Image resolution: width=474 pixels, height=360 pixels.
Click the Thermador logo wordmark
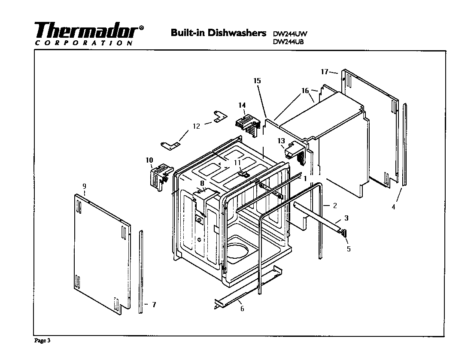pyautogui.click(x=88, y=30)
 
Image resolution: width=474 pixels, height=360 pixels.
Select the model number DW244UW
pyautogui.click(x=291, y=34)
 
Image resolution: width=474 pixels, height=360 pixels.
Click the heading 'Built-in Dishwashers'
pyautogui.click(x=219, y=33)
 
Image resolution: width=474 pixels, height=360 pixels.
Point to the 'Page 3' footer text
pyautogui.click(x=43, y=341)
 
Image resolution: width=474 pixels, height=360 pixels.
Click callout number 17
pyautogui.click(x=325, y=72)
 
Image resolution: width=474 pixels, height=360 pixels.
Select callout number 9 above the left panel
pyautogui.click(x=84, y=186)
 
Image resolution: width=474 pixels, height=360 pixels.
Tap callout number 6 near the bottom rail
pyautogui.click(x=242, y=309)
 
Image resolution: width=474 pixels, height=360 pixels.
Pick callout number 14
pyautogui.click(x=242, y=105)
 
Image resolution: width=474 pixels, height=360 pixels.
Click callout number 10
pyautogui.click(x=149, y=160)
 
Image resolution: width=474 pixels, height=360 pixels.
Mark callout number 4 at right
pyautogui.click(x=394, y=207)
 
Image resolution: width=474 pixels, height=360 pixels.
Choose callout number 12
pyautogui.click(x=196, y=126)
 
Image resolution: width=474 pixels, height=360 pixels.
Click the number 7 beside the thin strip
pyautogui.click(x=154, y=305)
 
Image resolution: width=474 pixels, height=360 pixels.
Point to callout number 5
pyautogui.click(x=348, y=249)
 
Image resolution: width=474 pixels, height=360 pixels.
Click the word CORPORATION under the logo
pyautogui.click(x=83, y=43)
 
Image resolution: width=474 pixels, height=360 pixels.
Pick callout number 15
pyautogui.click(x=257, y=81)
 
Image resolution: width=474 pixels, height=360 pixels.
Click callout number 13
pyautogui.click(x=281, y=141)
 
